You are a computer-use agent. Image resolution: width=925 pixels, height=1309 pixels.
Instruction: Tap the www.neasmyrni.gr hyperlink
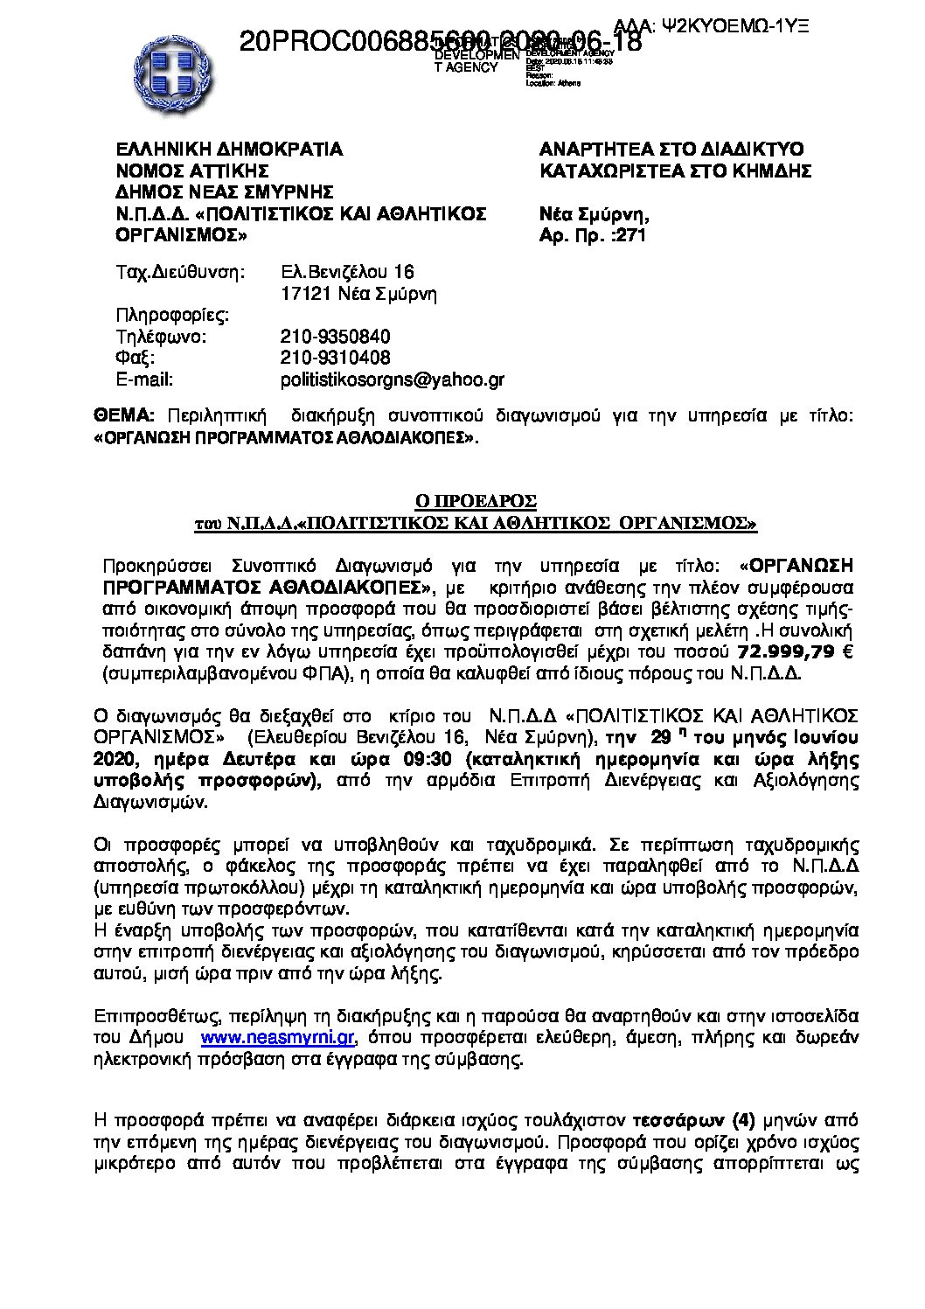[x=277, y=1037]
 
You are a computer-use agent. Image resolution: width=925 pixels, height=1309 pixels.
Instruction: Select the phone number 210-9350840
[x=335, y=337]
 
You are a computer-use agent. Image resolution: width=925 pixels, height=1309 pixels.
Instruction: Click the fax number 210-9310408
[x=335, y=358]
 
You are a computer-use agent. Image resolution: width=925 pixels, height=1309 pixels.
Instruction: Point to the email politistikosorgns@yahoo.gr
[x=392, y=379]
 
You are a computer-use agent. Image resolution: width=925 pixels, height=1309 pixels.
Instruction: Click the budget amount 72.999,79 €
[x=796, y=651]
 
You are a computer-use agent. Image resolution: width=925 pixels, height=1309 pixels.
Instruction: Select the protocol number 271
[x=630, y=235]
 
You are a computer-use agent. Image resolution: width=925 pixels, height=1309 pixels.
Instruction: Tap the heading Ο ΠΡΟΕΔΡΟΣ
[x=475, y=501]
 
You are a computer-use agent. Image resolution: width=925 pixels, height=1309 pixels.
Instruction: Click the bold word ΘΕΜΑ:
[x=123, y=416]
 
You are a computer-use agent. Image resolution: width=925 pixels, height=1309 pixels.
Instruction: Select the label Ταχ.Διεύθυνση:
[x=181, y=272]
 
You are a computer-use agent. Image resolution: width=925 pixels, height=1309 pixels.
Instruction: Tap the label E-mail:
[x=144, y=379]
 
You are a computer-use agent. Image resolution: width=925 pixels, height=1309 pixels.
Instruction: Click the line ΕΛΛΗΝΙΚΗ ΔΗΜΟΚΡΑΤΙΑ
[x=229, y=150]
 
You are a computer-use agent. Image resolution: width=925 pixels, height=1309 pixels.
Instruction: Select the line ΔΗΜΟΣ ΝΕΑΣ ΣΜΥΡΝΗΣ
[x=225, y=192]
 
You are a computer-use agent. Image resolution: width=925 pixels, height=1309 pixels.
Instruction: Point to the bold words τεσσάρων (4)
[x=694, y=1120]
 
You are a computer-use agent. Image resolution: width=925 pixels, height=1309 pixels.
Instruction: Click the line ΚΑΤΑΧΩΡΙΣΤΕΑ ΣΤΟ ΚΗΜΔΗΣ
[x=675, y=171]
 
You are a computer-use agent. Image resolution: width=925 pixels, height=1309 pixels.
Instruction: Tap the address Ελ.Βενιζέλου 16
[x=347, y=272]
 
